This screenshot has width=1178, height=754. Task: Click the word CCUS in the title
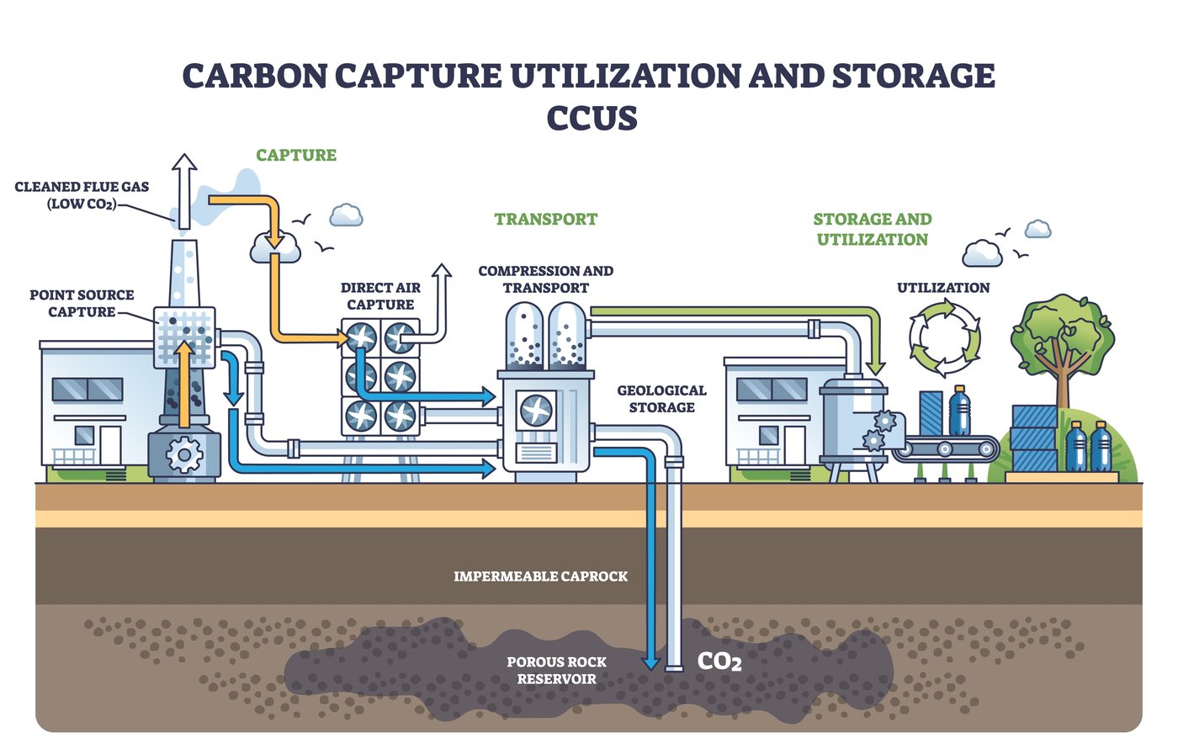point(592,117)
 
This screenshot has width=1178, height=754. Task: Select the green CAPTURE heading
point(296,155)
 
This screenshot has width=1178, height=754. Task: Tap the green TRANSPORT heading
point(546,219)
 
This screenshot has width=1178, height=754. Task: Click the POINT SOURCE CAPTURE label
point(82,303)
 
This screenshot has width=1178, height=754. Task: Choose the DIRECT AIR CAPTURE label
point(380,295)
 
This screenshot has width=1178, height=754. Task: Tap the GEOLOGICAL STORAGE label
point(661,399)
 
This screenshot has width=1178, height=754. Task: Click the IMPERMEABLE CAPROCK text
point(541,576)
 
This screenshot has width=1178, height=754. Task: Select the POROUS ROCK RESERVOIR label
point(556,670)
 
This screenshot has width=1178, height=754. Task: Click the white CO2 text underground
point(719,661)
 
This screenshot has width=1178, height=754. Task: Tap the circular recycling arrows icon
point(944,338)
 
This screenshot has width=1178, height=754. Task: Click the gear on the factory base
point(184,455)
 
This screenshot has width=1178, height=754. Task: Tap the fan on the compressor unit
point(535,411)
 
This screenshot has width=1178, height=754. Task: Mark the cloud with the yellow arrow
point(275,247)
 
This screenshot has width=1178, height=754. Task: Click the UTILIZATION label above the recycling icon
point(943,288)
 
